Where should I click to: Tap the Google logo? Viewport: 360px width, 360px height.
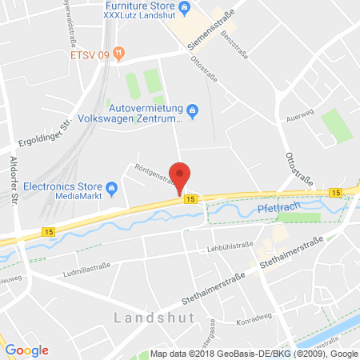tap(27, 350)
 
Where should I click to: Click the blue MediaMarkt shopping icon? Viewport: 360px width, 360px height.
tap(112, 189)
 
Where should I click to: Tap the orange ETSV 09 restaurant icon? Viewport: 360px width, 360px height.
tap(119, 54)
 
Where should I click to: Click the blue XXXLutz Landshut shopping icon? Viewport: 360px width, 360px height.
tap(185, 9)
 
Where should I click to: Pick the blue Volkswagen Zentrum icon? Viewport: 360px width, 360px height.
tap(193, 110)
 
